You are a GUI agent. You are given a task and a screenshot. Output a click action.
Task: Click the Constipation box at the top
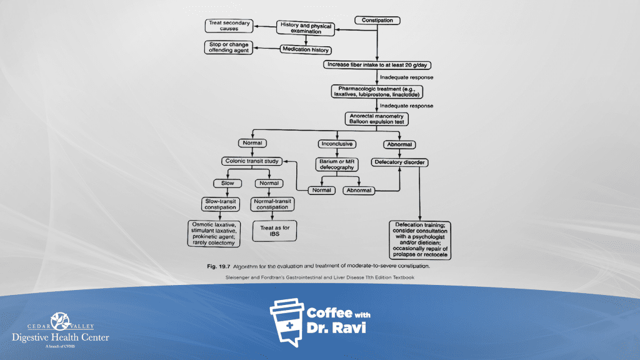[377, 21]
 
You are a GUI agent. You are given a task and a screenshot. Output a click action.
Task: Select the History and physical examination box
[306, 28]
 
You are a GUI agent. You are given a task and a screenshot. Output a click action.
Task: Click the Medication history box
[306, 49]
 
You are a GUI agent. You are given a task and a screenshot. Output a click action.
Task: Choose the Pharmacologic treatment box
[377, 91]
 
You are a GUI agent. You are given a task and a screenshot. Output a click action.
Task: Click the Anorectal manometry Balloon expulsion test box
[377, 118]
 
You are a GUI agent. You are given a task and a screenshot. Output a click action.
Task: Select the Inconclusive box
[337, 144]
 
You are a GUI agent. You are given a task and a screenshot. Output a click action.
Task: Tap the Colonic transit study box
[251, 161]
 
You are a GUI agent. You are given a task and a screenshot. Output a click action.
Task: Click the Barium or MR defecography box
[337, 164]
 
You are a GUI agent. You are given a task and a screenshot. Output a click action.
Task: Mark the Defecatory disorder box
[400, 162]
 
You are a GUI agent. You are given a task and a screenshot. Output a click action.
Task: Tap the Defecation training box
[420, 239]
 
